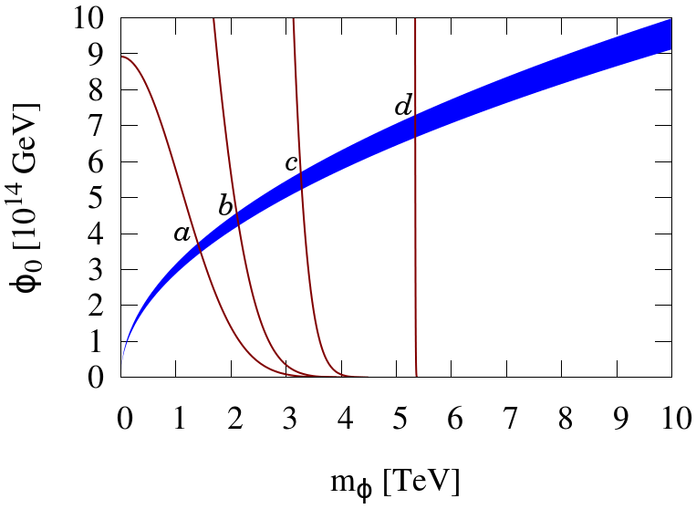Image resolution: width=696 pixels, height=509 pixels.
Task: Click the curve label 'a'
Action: [x=181, y=234]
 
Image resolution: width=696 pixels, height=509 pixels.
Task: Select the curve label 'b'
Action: [x=225, y=206]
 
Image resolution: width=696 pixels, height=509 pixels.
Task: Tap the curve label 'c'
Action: [x=290, y=164]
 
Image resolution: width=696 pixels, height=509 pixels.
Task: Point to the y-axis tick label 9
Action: [x=100, y=54]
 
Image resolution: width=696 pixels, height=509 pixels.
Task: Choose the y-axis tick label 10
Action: [x=93, y=18]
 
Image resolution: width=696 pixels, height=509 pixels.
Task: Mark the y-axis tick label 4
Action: [x=100, y=234]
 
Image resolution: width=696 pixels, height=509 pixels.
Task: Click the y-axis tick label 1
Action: [x=100, y=341]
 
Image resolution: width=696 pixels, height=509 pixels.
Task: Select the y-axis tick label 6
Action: [x=100, y=161]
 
